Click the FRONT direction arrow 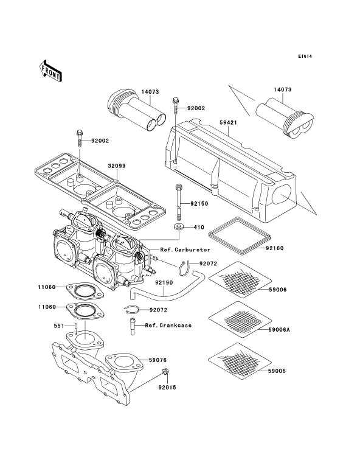tap(50, 71)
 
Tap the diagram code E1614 tap(305, 56)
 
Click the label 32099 tap(117, 166)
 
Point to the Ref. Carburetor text tap(185, 249)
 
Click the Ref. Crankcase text tap(168, 326)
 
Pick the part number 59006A tap(279, 330)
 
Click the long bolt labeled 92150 tap(178, 203)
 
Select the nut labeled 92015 tap(165, 371)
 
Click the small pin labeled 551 tap(76, 326)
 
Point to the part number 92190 tap(164, 282)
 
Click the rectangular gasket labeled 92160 tap(238, 235)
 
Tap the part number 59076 tap(157, 360)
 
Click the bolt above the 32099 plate tap(80, 138)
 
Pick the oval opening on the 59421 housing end tap(282, 194)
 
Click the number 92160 tap(274, 248)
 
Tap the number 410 tap(199, 228)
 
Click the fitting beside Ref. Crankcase tap(132, 326)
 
